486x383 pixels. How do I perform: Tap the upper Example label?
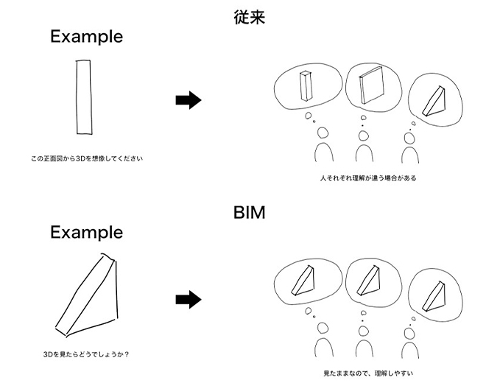[86, 36]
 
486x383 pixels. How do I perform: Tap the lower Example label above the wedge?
[86, 232]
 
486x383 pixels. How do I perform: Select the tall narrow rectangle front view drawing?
[82, 98]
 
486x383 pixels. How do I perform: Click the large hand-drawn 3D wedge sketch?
[87, 291]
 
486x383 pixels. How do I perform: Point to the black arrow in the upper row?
[189, 101]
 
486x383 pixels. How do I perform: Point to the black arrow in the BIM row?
[189, 299]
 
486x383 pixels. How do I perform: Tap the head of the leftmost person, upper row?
[322, 133]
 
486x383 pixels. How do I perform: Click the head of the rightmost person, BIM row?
[411, 330]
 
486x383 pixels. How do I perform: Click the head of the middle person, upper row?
[363, 133]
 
